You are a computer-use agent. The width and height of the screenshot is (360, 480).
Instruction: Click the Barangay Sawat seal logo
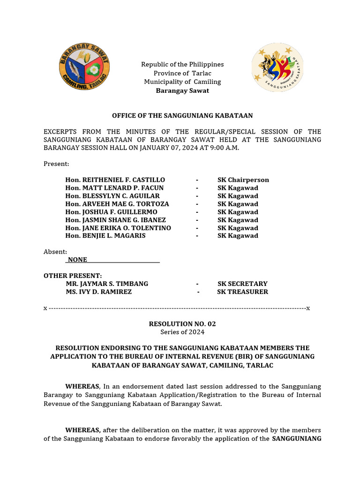[84, 67]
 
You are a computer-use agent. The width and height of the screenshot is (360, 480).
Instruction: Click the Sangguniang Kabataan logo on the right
[277, 67]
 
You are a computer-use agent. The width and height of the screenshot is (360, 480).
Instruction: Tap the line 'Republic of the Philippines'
[182, 64]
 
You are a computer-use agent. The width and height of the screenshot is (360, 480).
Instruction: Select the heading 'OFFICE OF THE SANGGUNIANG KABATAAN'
[182, 115]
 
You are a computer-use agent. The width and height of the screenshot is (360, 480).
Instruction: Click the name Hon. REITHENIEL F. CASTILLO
[115, 180]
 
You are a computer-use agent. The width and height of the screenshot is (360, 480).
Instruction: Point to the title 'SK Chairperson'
[243, 180]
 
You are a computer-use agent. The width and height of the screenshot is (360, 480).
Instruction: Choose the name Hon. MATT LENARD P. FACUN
[114, 188]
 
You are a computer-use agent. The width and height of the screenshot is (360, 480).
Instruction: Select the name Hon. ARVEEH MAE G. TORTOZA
[117, 204]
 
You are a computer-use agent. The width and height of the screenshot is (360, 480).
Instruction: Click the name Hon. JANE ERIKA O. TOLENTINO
[118, 228]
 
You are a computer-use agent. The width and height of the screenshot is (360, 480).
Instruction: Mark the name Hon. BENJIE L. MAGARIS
[105, 236]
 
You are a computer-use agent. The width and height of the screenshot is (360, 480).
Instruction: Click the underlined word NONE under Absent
[77, 260]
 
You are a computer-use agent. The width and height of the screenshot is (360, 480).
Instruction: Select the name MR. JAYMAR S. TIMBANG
[107, 284]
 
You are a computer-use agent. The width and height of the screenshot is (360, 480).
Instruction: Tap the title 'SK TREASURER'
[242, 292]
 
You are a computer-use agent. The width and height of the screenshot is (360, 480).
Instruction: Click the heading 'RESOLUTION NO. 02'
[182, 324]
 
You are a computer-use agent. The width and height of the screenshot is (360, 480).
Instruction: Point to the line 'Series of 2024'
[182, 332]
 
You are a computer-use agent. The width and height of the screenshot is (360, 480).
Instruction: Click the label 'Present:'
[56, 164]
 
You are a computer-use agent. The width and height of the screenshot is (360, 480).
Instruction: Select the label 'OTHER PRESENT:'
[73, 276]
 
